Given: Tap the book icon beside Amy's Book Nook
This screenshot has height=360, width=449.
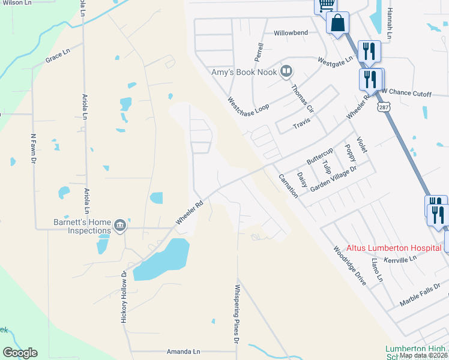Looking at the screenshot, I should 286,72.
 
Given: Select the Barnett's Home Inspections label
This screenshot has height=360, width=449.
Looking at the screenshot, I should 82,226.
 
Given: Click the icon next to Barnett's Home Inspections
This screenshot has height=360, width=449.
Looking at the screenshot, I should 120,226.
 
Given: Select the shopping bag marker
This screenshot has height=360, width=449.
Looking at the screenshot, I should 338,24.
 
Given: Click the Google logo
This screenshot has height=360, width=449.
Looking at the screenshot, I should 20,353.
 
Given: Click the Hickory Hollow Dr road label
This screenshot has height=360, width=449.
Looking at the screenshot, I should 124,298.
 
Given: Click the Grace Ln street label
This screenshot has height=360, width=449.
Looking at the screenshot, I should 59,60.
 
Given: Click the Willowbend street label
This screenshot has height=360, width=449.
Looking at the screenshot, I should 291,33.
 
